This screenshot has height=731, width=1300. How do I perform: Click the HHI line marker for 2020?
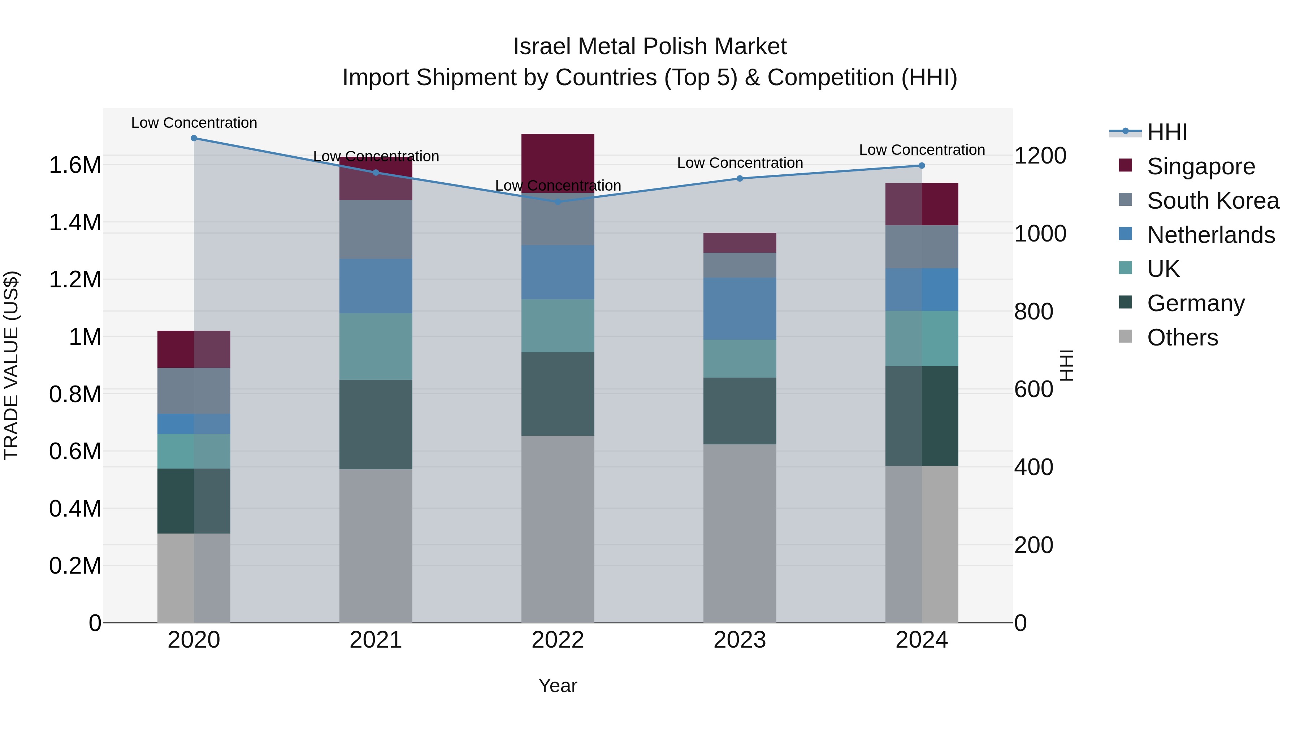pyautogui.click(x=194, y=138)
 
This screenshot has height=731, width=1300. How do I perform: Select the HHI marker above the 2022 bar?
pyautogui.click(x=558, y=202)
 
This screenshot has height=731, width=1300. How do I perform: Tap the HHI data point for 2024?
pyautogui.click(x=922, y=165)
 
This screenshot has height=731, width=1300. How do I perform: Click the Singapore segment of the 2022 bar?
pyautogui.click(x=558, y=162)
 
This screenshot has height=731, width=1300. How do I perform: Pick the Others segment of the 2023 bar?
pyautogui.click(x=740, y=533)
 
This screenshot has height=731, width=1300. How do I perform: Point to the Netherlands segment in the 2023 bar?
pyautogui.click(x=740, y=308)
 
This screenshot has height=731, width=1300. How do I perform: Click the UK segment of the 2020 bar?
pyautogui.click(x=194, y=451)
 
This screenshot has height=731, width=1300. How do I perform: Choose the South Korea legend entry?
pyautogui.click(x=1213, y=201)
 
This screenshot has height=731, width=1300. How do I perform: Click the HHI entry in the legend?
pyautogui.click(x=1167, y=132)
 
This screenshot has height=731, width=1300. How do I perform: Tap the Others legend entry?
pyautogui.click(x=1182, y=338)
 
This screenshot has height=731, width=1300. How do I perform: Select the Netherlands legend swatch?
pyautogui.click(x=1125, y=234)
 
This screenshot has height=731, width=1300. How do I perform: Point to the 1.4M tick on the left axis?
pyautogui.click(x=75, y=222)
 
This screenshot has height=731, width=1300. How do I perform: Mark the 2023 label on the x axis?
pyautogui.click(x=740, y=640)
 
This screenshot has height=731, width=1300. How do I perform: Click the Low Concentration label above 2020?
pyautogui.click(x=194, y=123)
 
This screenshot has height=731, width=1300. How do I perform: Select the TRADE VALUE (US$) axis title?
pyautogui.click(x=11, y=365)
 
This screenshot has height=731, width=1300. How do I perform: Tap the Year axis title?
pyautogui.click(x=558, y=686)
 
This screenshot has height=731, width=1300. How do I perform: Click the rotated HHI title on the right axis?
pyautogui.click(x=1067, y=365)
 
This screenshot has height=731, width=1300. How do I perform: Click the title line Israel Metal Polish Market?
pyautogui.click(x=650, y=47)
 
